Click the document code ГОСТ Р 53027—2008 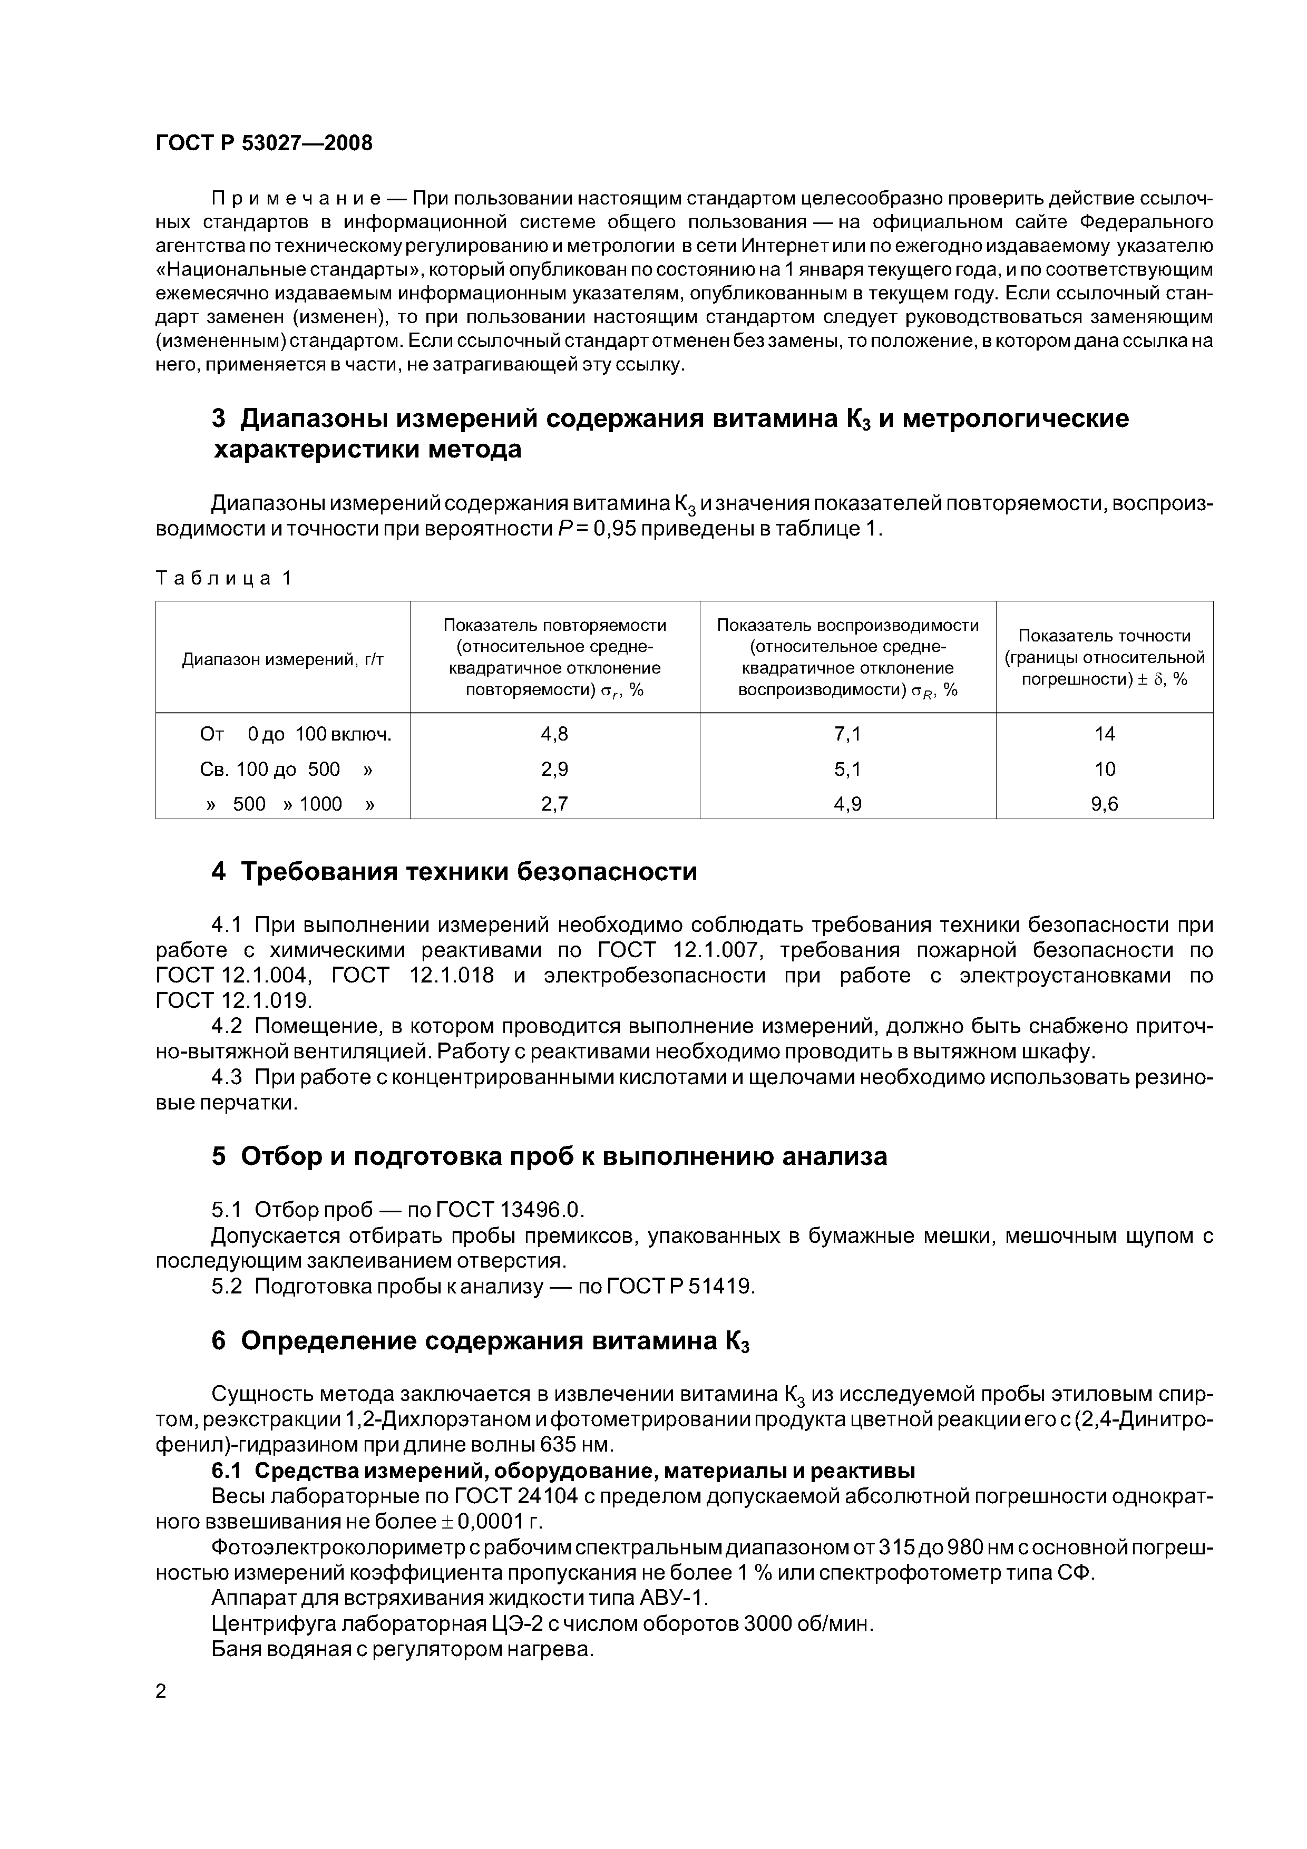(264, 143)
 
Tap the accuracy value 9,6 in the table (1104, 804)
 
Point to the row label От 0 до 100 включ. (296, 734)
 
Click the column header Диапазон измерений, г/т (282, 659)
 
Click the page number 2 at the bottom (161, 1691)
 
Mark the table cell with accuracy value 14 (1104, 734)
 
